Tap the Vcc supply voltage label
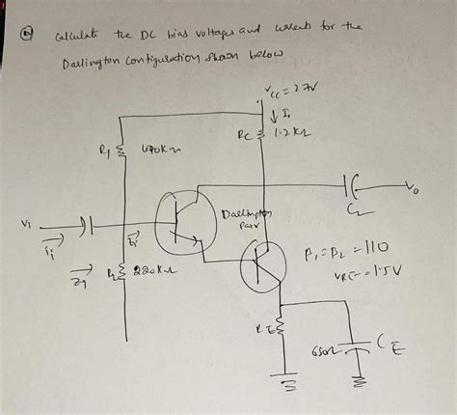(285, 93)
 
